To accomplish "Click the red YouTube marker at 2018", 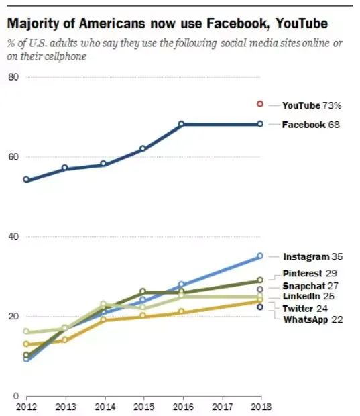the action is [x=260, y=104].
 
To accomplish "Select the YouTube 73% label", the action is [x=312, y=105].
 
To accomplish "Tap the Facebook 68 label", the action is [x=310, y=125].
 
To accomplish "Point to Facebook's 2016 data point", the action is [x=181, y=124].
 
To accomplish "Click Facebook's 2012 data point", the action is [x=26, y=179].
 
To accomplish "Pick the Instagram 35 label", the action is [x=313, y=256].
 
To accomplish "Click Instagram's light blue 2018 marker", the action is [x=260, y=256].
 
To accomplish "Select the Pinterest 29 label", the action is [x=310, y=273].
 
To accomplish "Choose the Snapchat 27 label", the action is [x=310, y=286].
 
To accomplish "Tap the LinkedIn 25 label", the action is [x=308, y=296].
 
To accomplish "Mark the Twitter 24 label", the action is [x=305, y=309].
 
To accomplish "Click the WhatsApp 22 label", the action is [x=313, y=319].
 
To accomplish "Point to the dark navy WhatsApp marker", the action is [x=260, y=307].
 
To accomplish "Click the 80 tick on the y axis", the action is [x=13, y=77].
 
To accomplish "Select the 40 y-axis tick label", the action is [x=13, y=236].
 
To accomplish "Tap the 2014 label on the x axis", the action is [x=105, y=407].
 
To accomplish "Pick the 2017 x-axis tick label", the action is [x=223, y=407].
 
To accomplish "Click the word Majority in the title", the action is [x=34, y=24].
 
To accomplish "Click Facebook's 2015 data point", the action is [x=143, y=148].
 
